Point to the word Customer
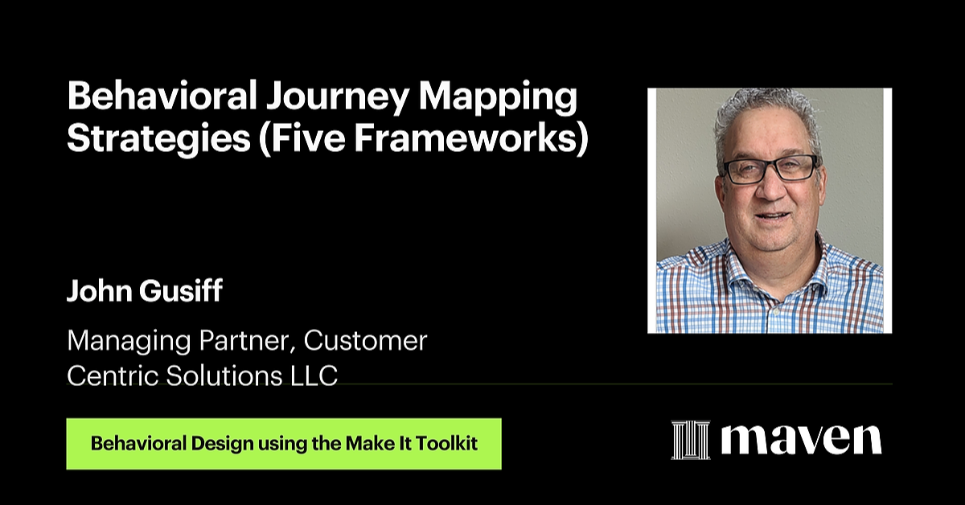(x=365, y=341)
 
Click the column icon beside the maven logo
(x=691, y=440)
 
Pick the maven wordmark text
(x=801, y=439)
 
